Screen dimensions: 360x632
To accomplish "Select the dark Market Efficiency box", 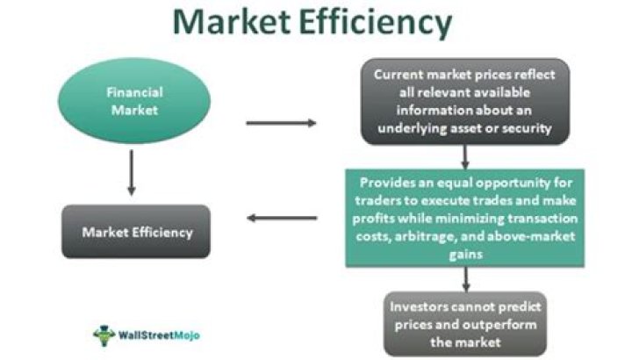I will click(x=135, y=233).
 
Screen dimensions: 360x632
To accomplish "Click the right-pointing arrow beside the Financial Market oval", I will click(x=281, y=123).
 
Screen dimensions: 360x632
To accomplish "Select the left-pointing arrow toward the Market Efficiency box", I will click(x=282, y=218).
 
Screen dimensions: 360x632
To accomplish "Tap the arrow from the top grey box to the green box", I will click(x=465, y=155).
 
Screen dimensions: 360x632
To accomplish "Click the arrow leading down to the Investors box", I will click(x=465, y=277).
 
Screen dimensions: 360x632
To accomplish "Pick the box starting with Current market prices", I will click(x=465, y=102).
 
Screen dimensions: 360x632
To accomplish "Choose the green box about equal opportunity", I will click(x=465, y=217).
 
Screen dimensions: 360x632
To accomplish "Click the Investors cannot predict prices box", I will click(x=465, y=324).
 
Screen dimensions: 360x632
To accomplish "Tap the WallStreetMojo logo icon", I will click(x=104, y=335).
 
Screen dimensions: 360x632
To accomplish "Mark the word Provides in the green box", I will click(x=389, y=183).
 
